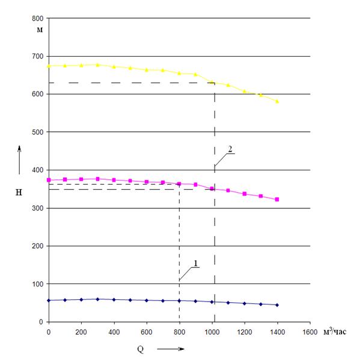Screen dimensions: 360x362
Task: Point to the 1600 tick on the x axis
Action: pyautogui.click(x=310, y=331)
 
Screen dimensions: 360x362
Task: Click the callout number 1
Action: pyautogui.click(x=196, y=262)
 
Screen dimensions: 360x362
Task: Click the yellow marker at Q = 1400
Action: pyautogui.click(x=277, y=102)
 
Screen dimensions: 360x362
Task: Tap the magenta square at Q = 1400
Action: pyautogui.click(x=277, y=199)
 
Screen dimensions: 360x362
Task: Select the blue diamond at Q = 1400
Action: pyautogui.click(x=277, y=305)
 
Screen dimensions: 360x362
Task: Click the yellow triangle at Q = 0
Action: pyautogui.click(x=49, y=66)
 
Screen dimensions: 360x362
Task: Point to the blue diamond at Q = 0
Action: pyautogui.click(x=49, y=300)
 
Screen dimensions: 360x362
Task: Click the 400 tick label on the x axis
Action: pyautogui.click(x=114, y=331)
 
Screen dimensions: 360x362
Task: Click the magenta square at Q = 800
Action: pyautogui.click(x=179, y=184)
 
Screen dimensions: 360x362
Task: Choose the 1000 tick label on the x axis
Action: pyautogui.click(x=212, y=331)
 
